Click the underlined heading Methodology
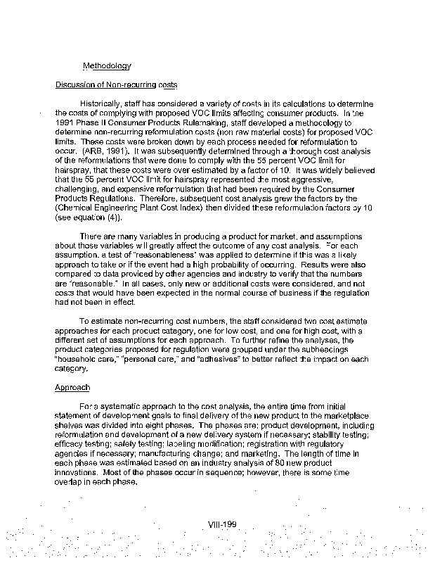point(107,66)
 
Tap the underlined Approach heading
point(72,387)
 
